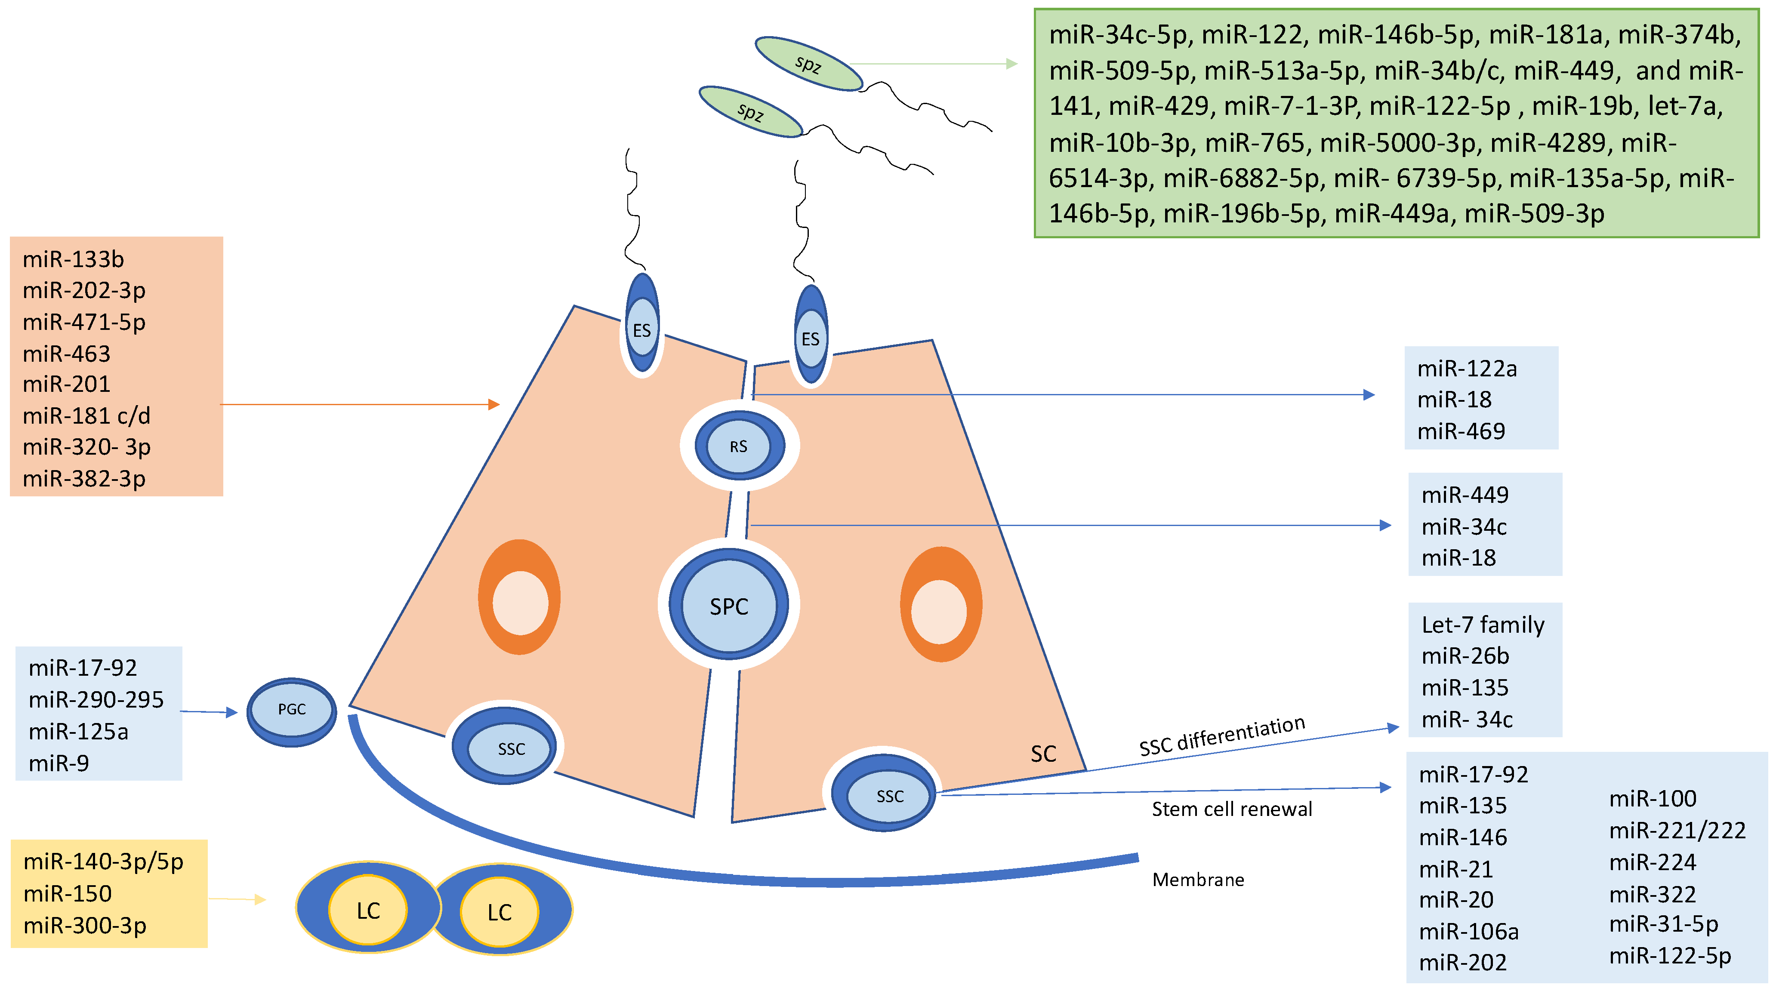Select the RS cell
tap(738, 446)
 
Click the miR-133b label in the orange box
tap(73, 260)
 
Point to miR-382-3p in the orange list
tap(84, 478)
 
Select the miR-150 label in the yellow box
tap(68, 894)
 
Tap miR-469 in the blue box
tap(1461, 431)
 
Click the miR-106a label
tap(1468, 932)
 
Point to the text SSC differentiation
tap(1222, 736)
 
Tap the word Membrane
tap(1198, 880)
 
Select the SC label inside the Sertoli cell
tap(1043, 754)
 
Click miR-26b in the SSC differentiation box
tap(1465, 656)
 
